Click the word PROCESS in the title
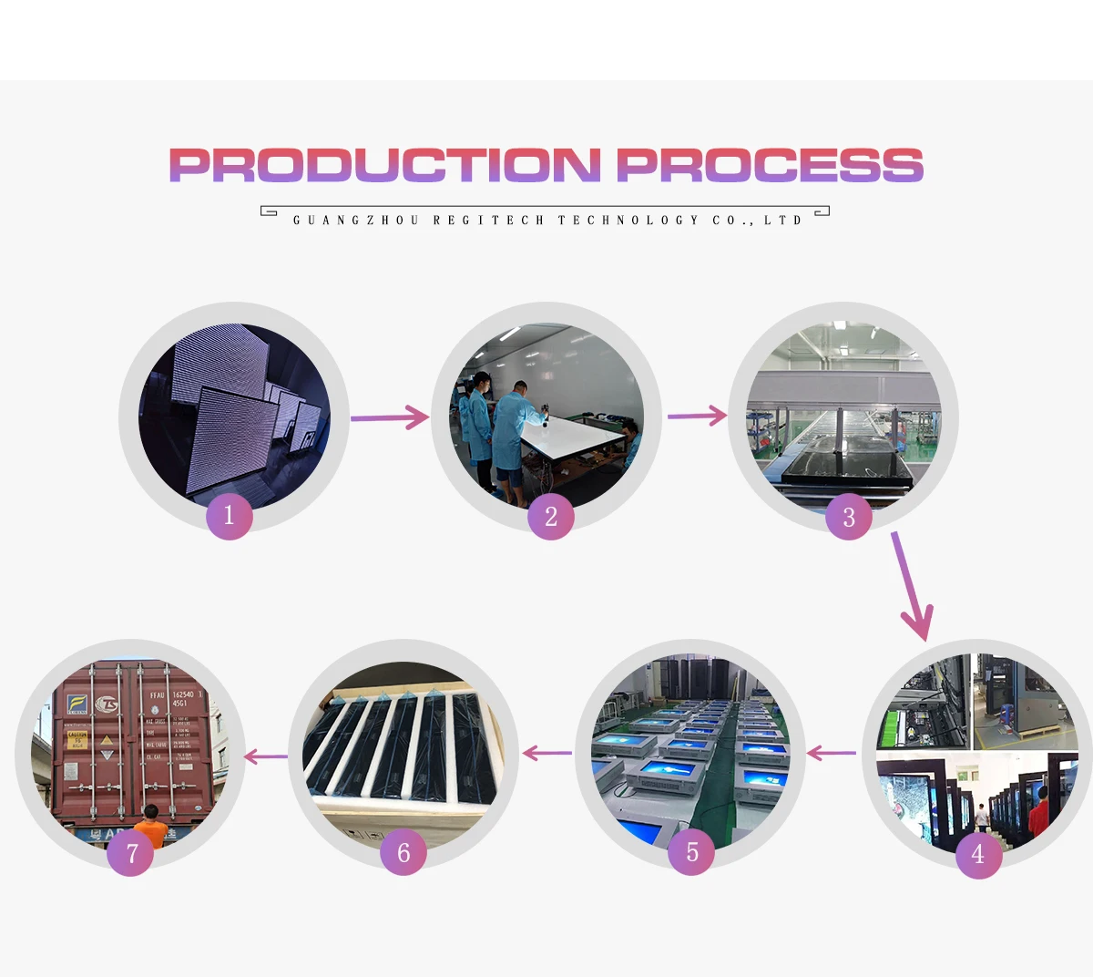(x=770, y=165)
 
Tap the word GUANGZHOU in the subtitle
(x=356, y=221)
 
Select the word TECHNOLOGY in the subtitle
(x=628, y=221)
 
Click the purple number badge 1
(x=229, y=516)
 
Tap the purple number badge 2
(x=550, y=518)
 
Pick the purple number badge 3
(x=849, y=518)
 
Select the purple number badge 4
(x=978, y=855)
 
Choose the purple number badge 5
(x=691, y=852)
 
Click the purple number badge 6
(x=403, y=852)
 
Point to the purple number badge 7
(x=131, y=853)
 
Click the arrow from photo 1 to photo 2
(x=389, y=417)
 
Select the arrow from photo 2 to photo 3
(x=697, y=417)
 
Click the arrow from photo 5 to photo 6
(x=546, y=754)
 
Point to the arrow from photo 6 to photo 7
(x=265, y=756)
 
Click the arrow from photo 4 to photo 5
(x=831, y=754)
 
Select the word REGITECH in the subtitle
(x=488, y=221)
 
